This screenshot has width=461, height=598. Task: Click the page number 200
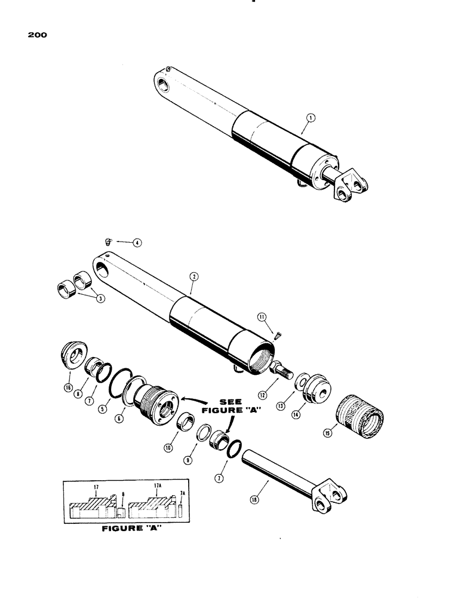pos(37,35)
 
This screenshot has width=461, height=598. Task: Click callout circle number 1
pos(305,119)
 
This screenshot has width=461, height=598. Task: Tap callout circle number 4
pos(137,243)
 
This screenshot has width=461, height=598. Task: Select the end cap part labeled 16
pos(75,358)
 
